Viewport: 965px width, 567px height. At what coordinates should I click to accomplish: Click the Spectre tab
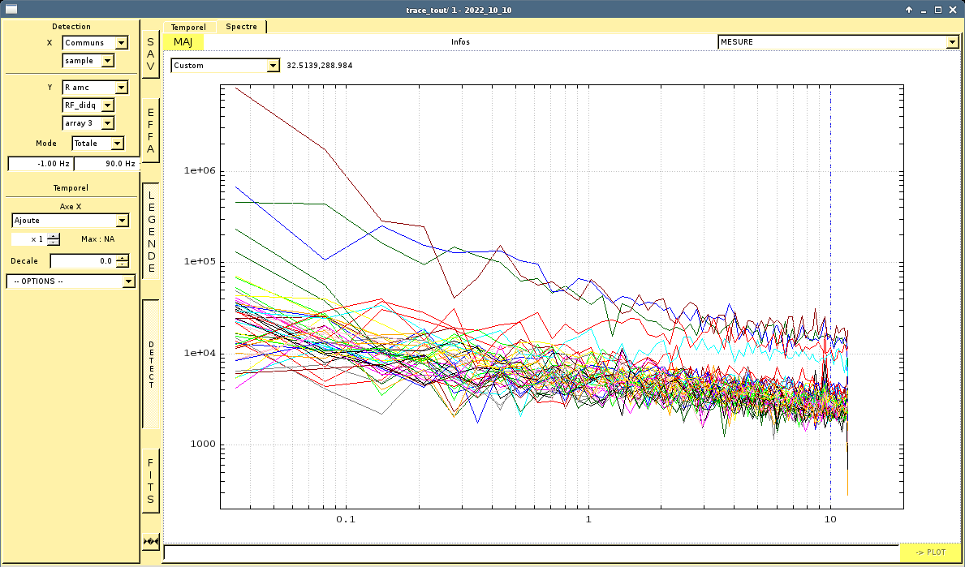[241, 27]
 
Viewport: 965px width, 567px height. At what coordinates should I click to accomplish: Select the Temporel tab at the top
[188, 27]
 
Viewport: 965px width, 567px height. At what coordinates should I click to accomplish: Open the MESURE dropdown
[838, 42]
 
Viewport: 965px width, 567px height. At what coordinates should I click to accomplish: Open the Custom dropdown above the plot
[226, 65]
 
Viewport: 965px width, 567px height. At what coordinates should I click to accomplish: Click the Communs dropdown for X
[95, 42]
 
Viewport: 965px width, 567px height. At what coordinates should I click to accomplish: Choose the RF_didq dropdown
[88, 105]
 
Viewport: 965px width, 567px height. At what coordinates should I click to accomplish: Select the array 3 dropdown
[88, 123]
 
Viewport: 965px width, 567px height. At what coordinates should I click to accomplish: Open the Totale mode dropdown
[98, 144]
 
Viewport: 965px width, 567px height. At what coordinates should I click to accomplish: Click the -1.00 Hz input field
[41, 164]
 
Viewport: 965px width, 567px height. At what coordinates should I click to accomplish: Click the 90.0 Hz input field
[107, 164]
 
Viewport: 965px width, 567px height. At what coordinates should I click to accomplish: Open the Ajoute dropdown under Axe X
[70, 220]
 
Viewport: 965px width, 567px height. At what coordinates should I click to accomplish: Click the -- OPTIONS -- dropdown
[70, 281]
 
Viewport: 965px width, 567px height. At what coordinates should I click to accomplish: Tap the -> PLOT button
[930, 552]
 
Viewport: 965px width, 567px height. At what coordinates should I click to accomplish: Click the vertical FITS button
[151, 481]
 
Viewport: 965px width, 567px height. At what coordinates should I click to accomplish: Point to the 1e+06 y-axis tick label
[199, 170]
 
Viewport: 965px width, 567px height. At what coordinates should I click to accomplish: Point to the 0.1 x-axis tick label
[346, 519]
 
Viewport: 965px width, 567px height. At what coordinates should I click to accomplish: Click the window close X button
[953, 10]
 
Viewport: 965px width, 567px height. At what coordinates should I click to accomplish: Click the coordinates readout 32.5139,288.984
[320, 65]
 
